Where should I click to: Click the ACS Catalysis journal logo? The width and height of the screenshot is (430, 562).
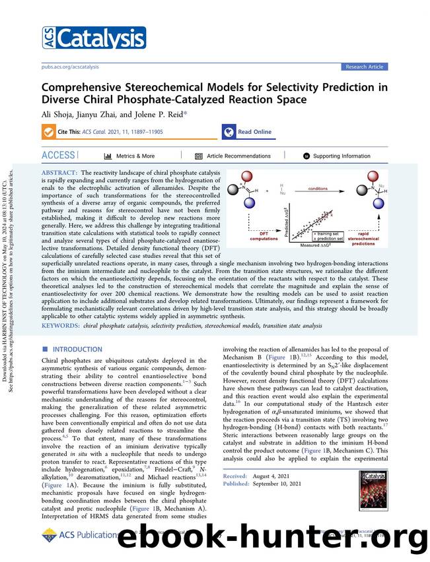85,38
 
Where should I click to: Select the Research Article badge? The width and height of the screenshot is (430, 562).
365,67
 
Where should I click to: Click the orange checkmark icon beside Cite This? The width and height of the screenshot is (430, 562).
48,132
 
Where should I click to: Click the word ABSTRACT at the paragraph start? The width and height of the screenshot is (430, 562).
60,172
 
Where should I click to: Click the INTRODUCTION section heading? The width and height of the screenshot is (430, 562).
77,349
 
